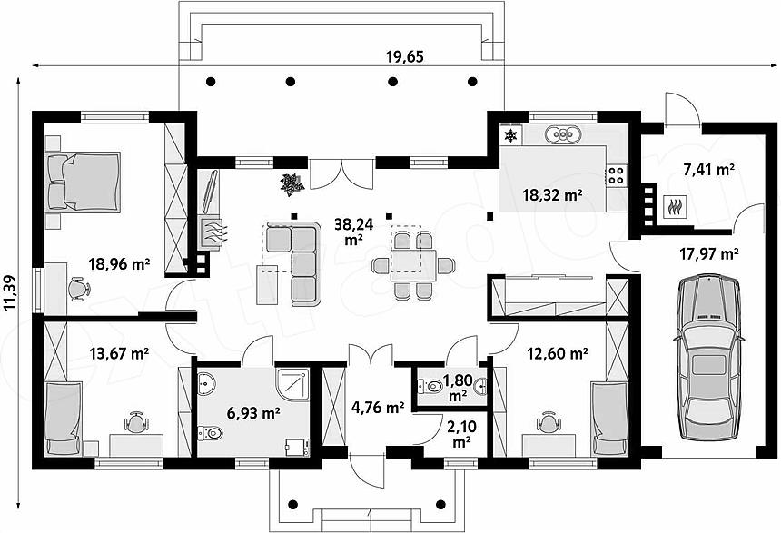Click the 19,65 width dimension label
click(404, 57)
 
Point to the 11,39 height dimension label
click(11, 292)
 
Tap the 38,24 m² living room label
click(353, 232)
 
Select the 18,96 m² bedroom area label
click(119, 263)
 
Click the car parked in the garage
click(708, 357)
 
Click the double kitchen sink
click(563, 133)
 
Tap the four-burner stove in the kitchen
click(616, 175)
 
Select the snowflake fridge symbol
click(510, 134)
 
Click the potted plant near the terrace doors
click(292, 183)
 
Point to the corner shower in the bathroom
click(292, 384)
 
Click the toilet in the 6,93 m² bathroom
click(208, 433)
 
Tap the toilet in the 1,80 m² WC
click(430, 386)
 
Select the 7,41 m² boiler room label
click(709, 170)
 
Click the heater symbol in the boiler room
click(676, 207)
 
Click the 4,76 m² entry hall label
click(378, 408)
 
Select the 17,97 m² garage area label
click(709, 254)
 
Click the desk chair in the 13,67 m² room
click(136, 423)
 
